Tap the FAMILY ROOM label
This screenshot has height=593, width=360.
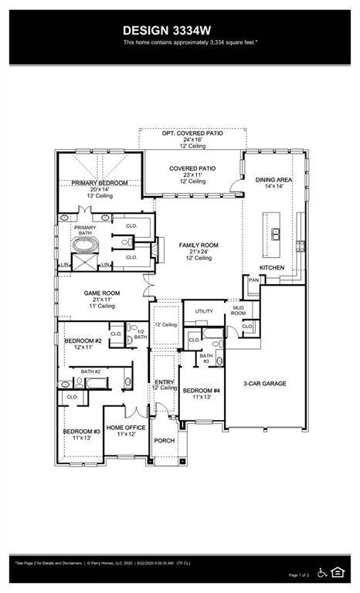point(199,246)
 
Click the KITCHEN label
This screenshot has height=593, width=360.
point(271,268)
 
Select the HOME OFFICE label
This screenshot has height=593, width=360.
point(126,428)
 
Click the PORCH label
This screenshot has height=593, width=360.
point(164,440)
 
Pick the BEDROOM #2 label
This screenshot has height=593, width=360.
point(83,341)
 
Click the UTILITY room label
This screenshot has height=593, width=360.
point(203,311)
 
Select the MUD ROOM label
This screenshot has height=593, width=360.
point(239,311)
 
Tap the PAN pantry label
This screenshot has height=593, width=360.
point(253,281)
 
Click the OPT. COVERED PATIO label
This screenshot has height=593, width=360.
point(192,134)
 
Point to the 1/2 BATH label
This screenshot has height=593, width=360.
point(140,334)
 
